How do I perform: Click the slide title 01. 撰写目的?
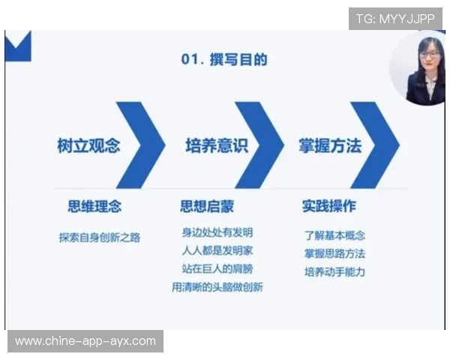tap(224, 59)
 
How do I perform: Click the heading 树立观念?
tap(88, 145)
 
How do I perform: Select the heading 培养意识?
tap(216, 145)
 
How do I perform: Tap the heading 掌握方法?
tap(330, 145)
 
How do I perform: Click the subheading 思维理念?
tap(94, 205)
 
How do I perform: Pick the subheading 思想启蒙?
tap(207, 205)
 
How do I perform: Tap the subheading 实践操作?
tap(328, 205)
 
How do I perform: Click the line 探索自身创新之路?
tap(99, 237)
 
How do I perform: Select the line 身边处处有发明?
tap(217, 232)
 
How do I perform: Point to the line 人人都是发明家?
tap(217, 250)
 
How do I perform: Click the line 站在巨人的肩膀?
tap(217, 268)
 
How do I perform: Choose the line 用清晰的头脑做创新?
tap(217, 287)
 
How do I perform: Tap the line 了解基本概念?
tap(334, 235)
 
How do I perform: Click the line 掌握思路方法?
tap(334, 253)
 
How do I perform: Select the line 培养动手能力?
tap(334, 271)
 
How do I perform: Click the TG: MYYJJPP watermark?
tap(395, 18)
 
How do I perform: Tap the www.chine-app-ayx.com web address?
tap(85, 341)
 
